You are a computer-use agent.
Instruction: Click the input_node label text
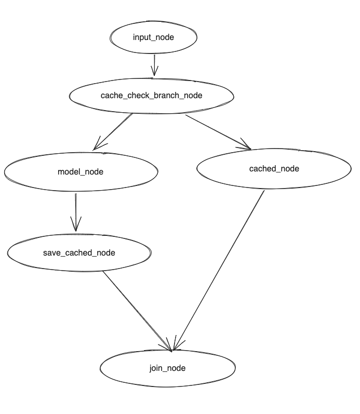(153, 37)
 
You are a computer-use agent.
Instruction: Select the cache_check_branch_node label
(151, 96)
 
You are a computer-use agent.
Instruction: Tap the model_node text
(81, 172)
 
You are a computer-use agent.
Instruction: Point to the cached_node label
(274, 169)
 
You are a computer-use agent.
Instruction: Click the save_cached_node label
(79, 253)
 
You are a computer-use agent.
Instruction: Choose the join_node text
(167, 368)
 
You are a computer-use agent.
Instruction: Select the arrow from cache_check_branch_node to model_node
(114, 131)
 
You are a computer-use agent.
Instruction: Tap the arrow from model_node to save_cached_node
(76, 210)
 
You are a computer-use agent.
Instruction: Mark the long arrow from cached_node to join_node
(221, 268)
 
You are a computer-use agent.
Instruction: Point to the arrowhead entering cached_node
(246, 147)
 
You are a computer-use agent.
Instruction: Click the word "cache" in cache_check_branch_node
(110, 96)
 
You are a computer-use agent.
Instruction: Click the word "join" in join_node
(156, 368)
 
